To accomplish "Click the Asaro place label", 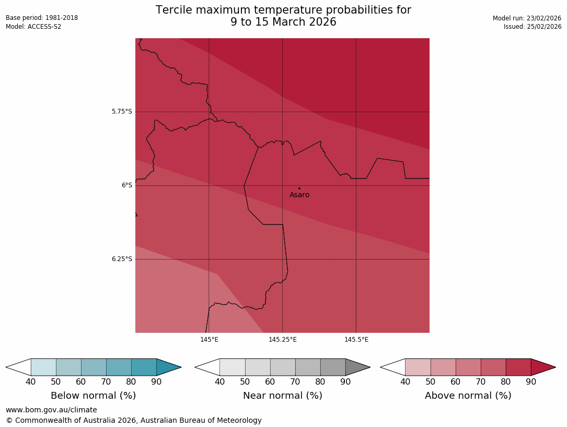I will click(x=299, y=195).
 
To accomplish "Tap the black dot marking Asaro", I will click(x=299, y=188).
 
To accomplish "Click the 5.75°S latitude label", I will click(x=122, y=111).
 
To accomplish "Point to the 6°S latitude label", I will click(x=127, y=185).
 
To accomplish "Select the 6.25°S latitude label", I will click(x=122, y=259).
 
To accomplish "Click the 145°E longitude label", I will click(x=209, y=340).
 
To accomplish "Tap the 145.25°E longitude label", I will click(x=283, y=340).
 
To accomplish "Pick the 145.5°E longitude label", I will click(x=356, y=340).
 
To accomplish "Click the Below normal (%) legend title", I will click(x=93, y=396).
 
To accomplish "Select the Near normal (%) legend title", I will click(x=282, y=396).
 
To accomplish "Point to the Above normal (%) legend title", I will click(x=468, y=396).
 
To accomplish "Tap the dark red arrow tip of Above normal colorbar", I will click(x=542, y=367).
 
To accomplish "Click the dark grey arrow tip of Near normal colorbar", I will click(x=357, y=367).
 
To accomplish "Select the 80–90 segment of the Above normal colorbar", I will click(x=518, y=367).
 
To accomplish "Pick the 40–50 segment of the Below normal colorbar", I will click(x=43, y=367).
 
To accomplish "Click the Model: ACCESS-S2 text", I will click(x=33, y=27).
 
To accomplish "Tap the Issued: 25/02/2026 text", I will click(x=533, y=27).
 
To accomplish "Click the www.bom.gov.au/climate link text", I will click(x=51, y=410).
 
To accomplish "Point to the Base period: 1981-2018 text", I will click(x=42, y=18).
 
